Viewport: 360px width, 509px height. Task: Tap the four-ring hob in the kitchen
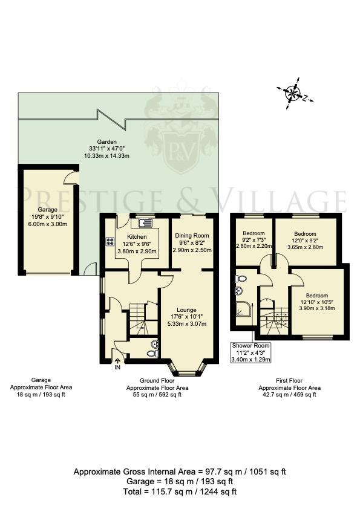point(111,241)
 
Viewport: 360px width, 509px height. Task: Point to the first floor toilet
point(241,279)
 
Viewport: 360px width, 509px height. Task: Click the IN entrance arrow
point(117,364)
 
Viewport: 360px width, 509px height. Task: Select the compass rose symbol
point(293,93)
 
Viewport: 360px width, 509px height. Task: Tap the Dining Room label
point(192,235)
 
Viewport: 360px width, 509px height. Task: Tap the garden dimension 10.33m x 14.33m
point(107,156)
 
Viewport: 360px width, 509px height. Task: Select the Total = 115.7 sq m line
point(180,491)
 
